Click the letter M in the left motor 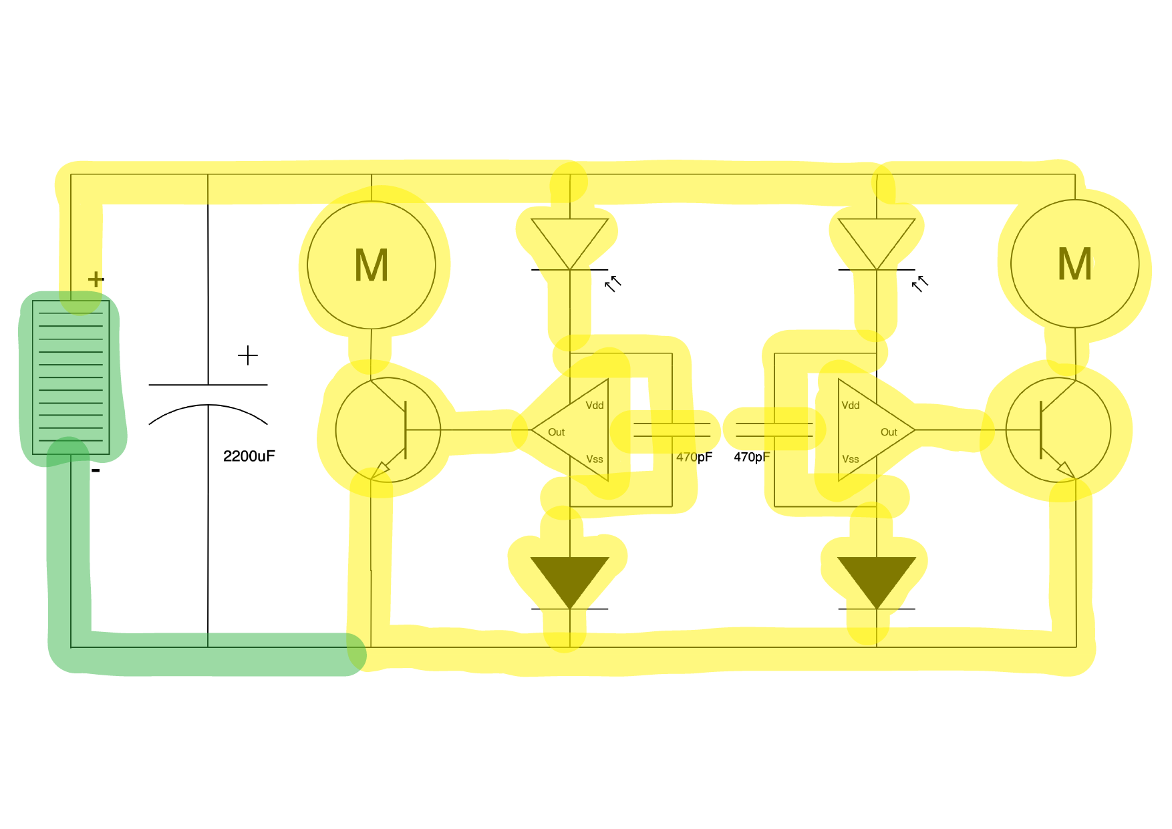coord(372,265)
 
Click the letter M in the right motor coord(1074,264)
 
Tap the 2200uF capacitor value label coord(249,456)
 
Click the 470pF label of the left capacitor coord(694,458)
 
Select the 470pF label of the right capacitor coord(751,458)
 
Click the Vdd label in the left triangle coord(594,405)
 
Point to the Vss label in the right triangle coord(850,459)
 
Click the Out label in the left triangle coord(556,432)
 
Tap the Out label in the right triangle coord(888,432)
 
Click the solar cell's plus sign coord(96,279)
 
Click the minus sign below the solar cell coord(96,471)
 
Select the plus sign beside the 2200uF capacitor coord(247,355)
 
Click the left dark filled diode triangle coord(569,578)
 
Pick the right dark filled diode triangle coord(876,578)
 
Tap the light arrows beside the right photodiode coord(920,283)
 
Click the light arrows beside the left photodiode coord(613,283)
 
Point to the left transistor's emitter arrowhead coord(380,470)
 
